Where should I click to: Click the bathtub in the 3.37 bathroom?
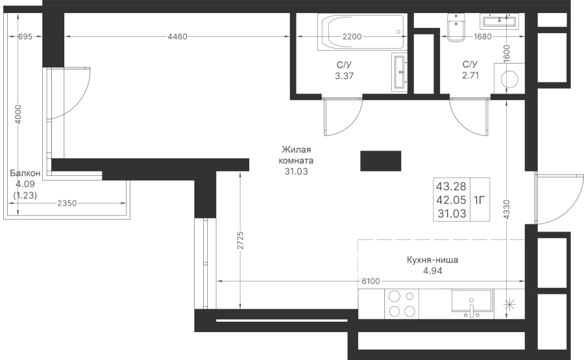pos(362,32)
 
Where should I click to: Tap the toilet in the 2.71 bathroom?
pos(456,27)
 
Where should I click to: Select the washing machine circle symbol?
pos(509,79)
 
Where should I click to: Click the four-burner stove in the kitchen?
pos(402,304)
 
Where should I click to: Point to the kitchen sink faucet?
pos(472,309)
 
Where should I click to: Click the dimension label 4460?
pos(177,36)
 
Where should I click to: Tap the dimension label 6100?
pos(371,281)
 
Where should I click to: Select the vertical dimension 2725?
pos(240,240)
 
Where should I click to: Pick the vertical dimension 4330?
pos(507,209)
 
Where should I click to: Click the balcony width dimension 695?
pos(25,36)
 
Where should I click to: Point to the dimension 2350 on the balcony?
pos(67,203)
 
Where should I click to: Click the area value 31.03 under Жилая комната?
pos(296,172)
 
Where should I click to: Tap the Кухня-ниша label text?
pos(432,259)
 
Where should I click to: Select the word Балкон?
pos(25,173)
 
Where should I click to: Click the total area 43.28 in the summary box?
pos(451,186)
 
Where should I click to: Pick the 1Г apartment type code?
pos(480,200)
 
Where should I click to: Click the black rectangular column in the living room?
pos(381,161)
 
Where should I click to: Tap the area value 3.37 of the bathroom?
pos(344,76)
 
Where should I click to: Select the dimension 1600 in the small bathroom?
pos(507,54)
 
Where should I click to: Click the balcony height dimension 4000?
pos(18,115)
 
